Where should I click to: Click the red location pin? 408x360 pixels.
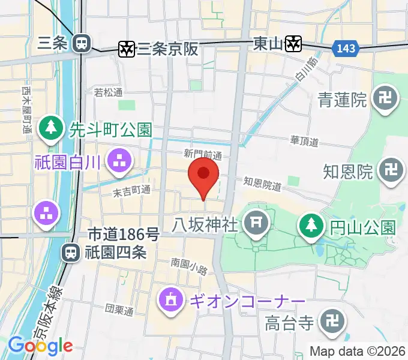coord(203,175)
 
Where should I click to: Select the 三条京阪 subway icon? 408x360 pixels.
coord(127,49)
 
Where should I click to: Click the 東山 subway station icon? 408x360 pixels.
coord(293,43)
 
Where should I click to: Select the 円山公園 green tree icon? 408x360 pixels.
coord(311,226)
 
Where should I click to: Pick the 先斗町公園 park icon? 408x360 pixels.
coord(51,128)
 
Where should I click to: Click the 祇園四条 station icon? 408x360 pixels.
coord(71,253)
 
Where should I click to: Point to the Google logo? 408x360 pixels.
coord(40,346)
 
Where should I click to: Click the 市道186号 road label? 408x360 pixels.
coord(124,234)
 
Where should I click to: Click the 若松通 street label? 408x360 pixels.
coord(109,92)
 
